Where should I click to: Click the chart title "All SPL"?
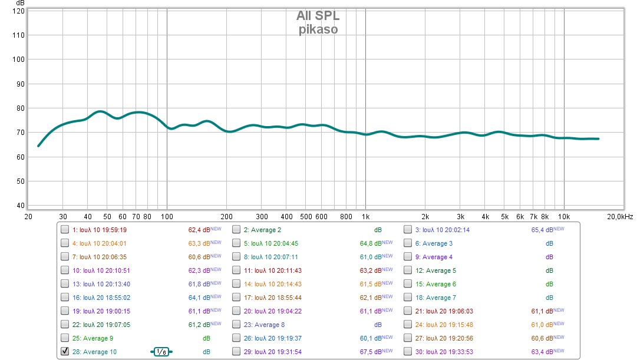[318, 16]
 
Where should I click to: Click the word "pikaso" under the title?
[318, 29]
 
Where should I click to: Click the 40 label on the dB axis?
[19, 206]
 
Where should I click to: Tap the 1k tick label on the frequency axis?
[365, 216]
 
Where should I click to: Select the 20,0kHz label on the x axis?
[620, 216]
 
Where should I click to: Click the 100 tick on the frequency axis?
[167, 216]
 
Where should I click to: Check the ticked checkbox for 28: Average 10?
[65, 351]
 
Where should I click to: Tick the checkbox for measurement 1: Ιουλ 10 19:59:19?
[65, 230]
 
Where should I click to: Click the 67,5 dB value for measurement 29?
[371, 352]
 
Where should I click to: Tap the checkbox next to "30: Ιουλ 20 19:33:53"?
[408, 352]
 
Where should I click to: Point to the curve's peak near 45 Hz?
[100, 111]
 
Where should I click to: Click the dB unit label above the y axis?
[20, 4]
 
